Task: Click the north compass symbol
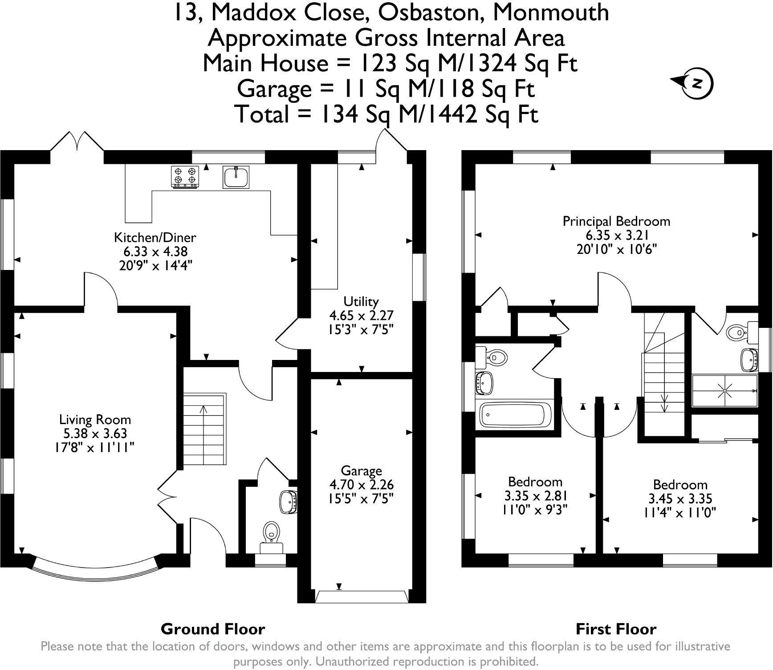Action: tap(696, 83)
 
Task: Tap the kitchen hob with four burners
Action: tap(185, 176)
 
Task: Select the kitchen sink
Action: tap(236, 177)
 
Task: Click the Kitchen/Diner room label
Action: tap(155, 237)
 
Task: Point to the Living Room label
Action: tap(95, 419)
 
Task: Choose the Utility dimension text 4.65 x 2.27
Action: tap(361, 315)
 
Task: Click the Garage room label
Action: tap(361, 470)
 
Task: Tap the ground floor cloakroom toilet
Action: tap(271, 532)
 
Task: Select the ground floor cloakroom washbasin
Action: tap(288, 502)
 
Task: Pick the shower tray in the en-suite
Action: tap(724, 391)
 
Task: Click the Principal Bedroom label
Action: tap(616, 221)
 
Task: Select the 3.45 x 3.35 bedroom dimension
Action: tap(680, 498)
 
